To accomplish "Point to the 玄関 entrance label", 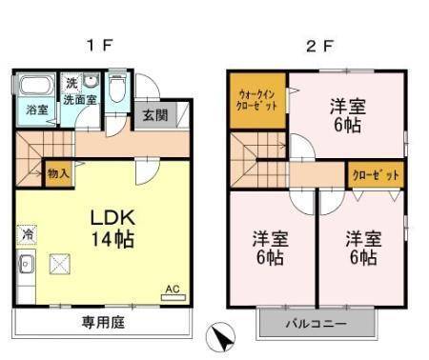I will pyautogui.click(x=154, y=115).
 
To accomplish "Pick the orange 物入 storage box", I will pyautogui.click(x=58, y=174).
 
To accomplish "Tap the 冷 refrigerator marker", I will pyautogui.click(x=27, y=232).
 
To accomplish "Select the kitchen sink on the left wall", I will pyautogui.click(x=27, y=264).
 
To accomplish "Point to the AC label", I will pyautogui.click(x=173, y=289).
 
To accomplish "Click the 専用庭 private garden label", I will pyautogui.click(x=102, y=322).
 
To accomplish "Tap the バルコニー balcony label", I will pyautogui.click(x=317, y=325).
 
